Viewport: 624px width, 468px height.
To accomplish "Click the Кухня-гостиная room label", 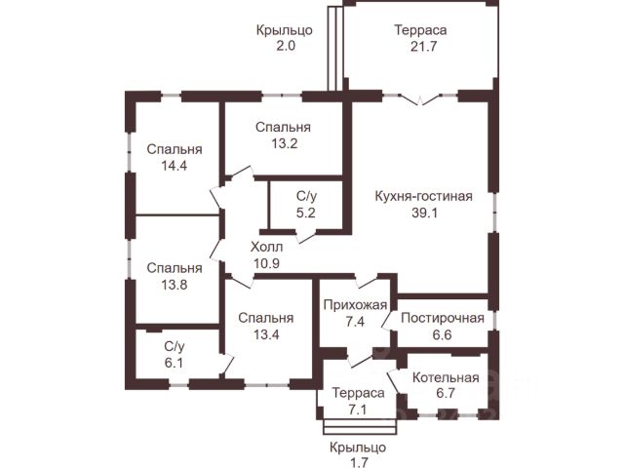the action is pos(423,196).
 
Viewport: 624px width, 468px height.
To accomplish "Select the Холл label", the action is pos(266,247).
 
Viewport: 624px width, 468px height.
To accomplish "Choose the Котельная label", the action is pos(445,377).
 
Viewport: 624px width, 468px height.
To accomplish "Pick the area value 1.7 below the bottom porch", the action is pos(358,462).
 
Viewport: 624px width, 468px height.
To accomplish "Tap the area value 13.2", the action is pos(284,143).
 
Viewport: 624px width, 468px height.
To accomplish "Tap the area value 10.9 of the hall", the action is pos(266,263).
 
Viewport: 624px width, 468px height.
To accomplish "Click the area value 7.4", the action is pos(355,322).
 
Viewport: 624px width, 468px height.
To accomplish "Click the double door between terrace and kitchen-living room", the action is pos(421,97).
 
